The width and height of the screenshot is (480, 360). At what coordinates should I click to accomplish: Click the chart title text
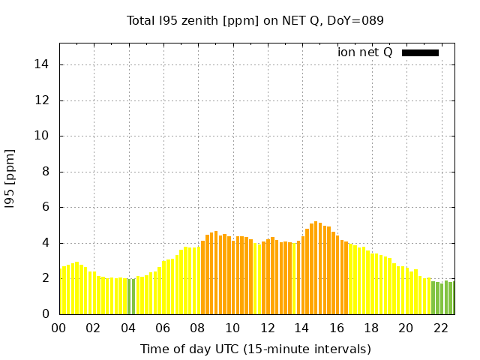click(x=255, y=21)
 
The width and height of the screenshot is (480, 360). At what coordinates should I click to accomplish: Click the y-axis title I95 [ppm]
click(x=10, y=178)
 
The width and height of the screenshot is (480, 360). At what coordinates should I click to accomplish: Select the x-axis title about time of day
click(x=255, y=349)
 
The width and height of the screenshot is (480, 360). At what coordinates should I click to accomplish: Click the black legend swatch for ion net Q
click(x=420, y=52)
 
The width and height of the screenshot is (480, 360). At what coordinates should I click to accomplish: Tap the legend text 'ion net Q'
click(x=365, y=52)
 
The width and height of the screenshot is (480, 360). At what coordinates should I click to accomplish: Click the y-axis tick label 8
click(x=46, y=172)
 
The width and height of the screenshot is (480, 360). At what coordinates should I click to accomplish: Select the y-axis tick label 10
click(x=42, y=136)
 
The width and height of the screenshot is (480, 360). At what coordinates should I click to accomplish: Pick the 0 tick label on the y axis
click(x=46, y=314)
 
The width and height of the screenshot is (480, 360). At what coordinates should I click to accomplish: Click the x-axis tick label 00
click(x=59, y=328)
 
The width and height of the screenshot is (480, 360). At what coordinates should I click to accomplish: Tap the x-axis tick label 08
click(x=197, y=328)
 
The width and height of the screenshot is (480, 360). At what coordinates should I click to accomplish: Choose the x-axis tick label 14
click(x=301, y=328)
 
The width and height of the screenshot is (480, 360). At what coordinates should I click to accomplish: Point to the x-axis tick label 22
click(x=440, y=328)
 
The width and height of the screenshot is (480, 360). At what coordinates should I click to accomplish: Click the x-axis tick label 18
click(x=370, y=328)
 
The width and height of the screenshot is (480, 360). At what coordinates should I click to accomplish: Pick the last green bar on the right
click(x=451, y=298)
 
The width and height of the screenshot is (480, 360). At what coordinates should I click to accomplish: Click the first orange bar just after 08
click(x=203, y=277)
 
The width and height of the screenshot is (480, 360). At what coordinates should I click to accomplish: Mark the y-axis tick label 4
click(x=46, y=243)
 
